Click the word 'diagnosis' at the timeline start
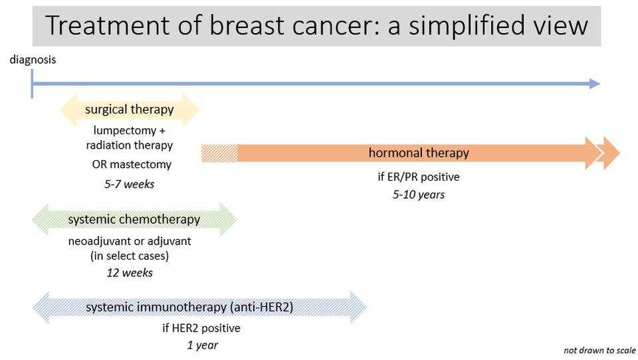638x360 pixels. (x=33, y=60)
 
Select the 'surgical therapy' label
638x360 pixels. (x=129, y=110)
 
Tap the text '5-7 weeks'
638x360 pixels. (x=129, y=185)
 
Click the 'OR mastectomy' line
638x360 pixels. (x=132, y=164)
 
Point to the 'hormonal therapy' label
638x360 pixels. (x=419, y=153)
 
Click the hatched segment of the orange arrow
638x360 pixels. (x=219, y=153)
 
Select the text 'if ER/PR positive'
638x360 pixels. (x=418, y=177)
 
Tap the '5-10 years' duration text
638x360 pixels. (x=418, y=195)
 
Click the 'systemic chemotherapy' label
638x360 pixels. (x=134, y=219)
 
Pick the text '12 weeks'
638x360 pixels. (x=130, y=273)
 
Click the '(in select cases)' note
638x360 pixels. (x=130, y=256)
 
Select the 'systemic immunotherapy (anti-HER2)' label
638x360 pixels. (x=189, y=308)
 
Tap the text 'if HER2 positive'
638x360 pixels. (x=201, y=328)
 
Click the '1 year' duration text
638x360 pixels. (x=202, y=345)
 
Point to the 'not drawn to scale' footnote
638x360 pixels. (x=599, y=351)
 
